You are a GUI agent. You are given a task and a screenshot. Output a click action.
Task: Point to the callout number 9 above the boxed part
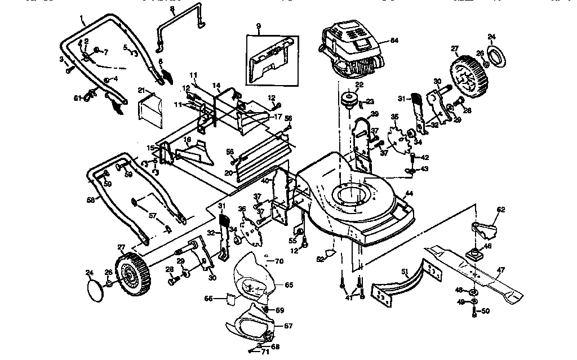coord(258,26)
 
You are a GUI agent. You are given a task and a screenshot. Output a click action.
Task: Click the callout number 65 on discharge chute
coord(288,286)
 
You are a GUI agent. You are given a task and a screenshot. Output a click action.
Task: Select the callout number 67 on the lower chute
coord(288,326)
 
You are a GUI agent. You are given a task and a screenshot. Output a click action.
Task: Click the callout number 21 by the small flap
coord(141,90)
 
